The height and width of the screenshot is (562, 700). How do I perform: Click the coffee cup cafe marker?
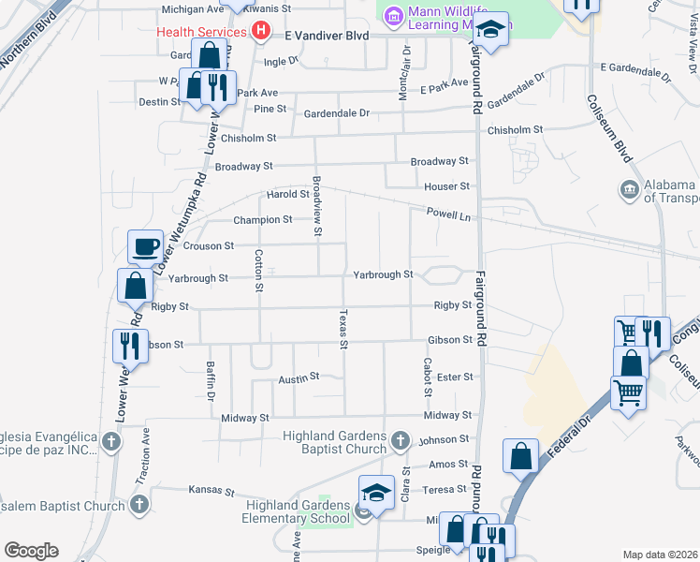(145, 246)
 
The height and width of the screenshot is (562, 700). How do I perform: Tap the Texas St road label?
(343, 330)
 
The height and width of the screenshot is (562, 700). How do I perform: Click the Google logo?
(31, 551)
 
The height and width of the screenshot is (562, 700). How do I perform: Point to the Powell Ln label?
(447, 215)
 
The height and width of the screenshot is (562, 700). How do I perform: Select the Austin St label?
(299, 378)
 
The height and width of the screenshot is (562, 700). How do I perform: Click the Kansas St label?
(211, 490)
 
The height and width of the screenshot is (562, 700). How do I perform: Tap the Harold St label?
(287, 195)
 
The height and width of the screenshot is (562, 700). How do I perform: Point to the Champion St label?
(263, 220)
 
